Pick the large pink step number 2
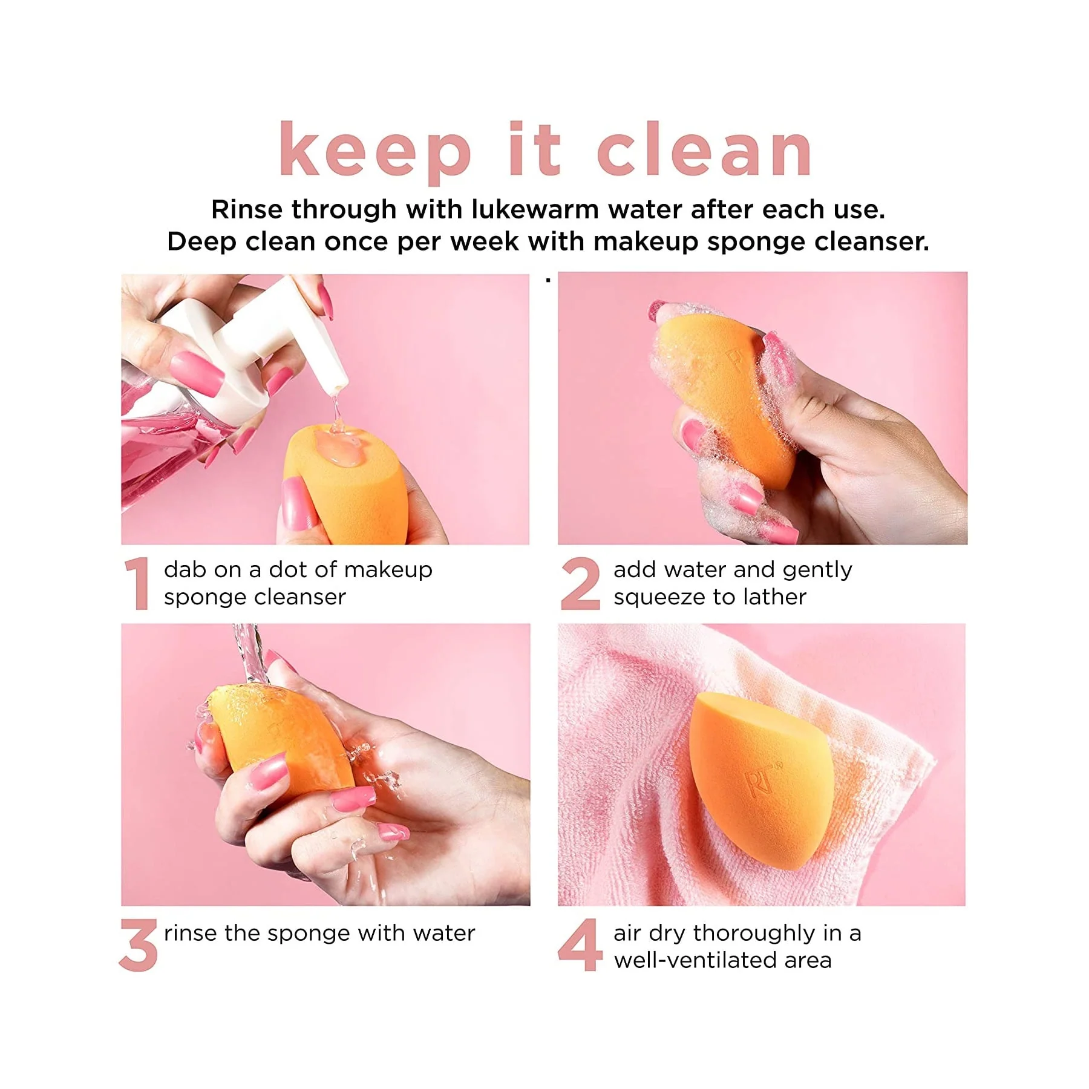[x=580, y=583]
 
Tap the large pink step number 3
[x=139, y=945]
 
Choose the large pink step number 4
[x=580, y=945]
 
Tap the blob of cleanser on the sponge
[x=339, y=448]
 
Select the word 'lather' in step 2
[x=775, y=597]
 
